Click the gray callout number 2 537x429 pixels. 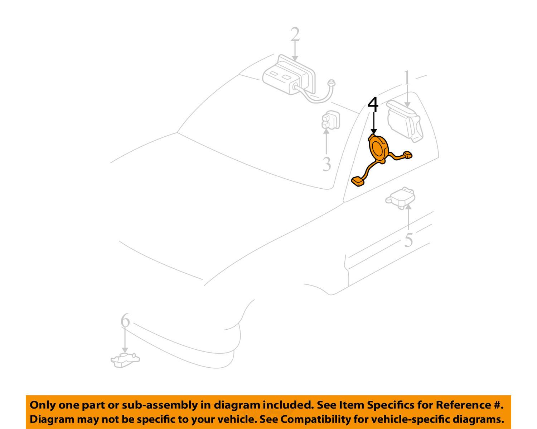(x=295, y=35)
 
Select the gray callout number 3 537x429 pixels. (x=326, y=164)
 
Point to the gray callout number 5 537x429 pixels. (x=408, y=240)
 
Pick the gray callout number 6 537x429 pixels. (x=125, y=320)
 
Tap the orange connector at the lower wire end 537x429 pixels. (x=358, y=181)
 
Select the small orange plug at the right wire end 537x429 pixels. (x=407, y=155)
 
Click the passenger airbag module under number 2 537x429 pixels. (x=289, y=77)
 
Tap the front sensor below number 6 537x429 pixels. (x=125, y=359)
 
